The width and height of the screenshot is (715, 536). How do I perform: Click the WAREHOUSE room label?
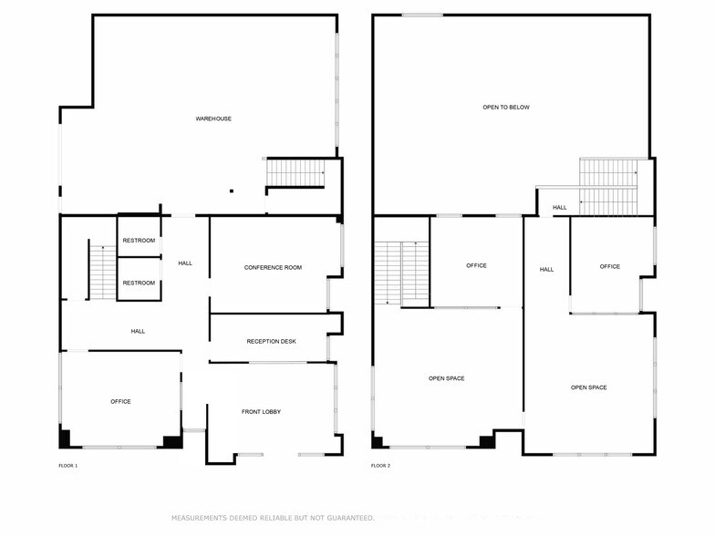[x=213, y=119]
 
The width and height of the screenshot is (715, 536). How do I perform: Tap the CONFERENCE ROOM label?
[x=273, y=268]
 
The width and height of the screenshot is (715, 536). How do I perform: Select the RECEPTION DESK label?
[x=272, y=341]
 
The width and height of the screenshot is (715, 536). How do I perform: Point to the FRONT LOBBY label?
[x=261, y=412]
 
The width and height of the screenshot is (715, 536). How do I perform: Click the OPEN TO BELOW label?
[x=506, y=108]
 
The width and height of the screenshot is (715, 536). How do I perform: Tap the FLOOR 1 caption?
[x=67, y=466]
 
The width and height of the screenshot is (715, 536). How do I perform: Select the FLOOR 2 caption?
[x=381, y=466]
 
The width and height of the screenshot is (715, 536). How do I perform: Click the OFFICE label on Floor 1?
[x=120, y=401]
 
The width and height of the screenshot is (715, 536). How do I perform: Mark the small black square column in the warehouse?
[x=232, y=191]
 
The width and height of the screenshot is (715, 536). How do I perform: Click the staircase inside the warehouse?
[x=295, y=173]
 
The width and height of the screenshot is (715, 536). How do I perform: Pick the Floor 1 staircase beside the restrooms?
[x=103, y=273]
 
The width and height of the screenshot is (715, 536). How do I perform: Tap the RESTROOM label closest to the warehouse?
[x=139, y=241]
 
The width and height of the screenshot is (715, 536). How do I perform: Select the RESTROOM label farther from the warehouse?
[x=139, y=283]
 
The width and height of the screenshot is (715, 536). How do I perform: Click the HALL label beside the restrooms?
[x=185, y=263]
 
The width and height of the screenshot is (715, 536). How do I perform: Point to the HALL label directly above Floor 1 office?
[x=138, y=332]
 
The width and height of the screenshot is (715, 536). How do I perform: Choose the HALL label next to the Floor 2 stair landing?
[x=560, y=208]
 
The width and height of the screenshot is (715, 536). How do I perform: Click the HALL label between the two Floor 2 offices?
[x=547, y=270]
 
